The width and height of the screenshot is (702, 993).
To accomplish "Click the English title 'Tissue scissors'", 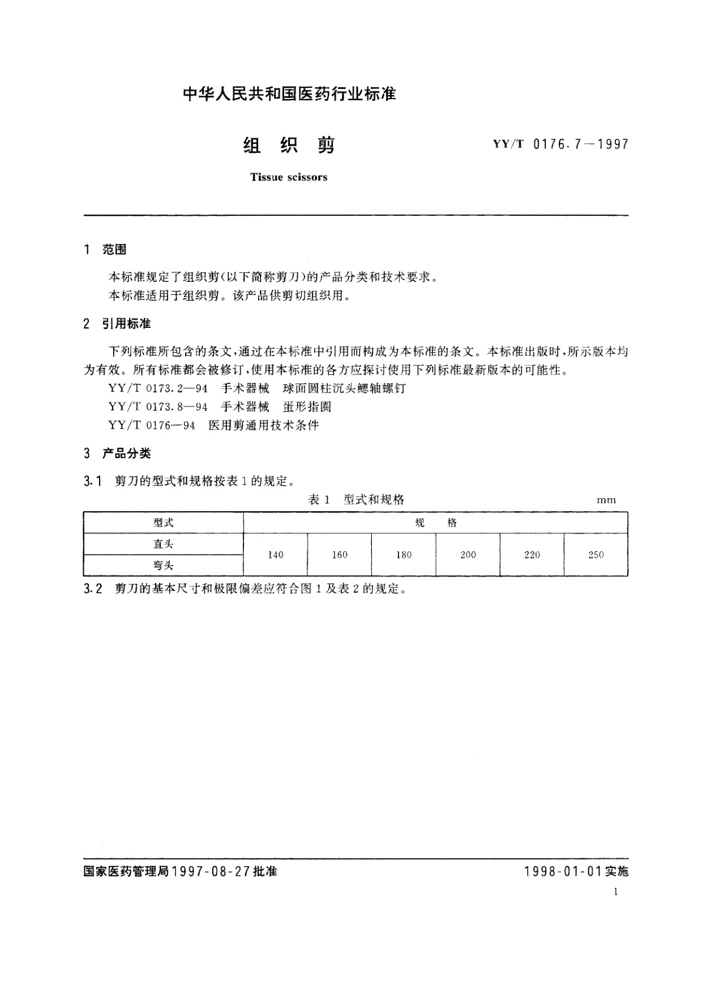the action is pos(288,177).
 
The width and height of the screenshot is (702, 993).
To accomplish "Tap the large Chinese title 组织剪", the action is pos(289,145).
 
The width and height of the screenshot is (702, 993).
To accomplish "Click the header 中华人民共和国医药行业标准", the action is pos(289,94).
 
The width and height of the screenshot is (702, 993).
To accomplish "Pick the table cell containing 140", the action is pos(275,555).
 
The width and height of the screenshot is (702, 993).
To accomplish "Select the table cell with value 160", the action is pos(340,555).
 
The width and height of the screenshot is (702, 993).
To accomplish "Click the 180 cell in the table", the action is pos(404,555).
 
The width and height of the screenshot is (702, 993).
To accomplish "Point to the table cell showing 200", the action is pos(468,555).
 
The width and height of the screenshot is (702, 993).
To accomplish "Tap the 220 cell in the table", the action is pos(532,555).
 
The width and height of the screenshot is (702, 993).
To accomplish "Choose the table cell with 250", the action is pos(596,555).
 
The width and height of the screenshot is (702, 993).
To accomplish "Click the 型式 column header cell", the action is pos(163,523).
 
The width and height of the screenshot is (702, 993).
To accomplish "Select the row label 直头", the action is pos(163,544).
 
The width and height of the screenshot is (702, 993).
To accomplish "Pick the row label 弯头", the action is pos(163,565).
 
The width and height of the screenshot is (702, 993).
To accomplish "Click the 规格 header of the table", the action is pos(436,523).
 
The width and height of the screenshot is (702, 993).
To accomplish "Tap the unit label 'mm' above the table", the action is pos(606,500).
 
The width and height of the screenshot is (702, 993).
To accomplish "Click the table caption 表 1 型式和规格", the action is pos(356,500).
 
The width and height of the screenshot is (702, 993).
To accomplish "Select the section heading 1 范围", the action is pos(106,250).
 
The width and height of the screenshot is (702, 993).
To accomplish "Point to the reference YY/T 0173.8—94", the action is pos(158,407).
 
